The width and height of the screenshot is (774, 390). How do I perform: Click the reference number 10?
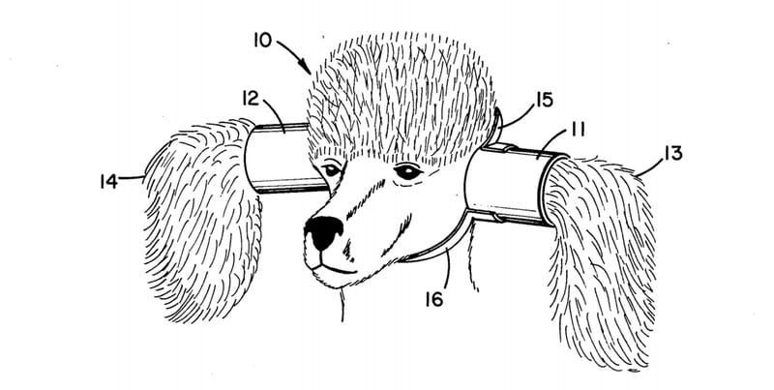pos(263,40)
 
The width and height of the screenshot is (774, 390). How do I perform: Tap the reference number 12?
pos(251,99)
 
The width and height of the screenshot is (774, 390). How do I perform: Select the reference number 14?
pos(108,181)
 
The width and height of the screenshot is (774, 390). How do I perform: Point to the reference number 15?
pos(543,100)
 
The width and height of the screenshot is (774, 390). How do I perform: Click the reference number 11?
pos(575,130)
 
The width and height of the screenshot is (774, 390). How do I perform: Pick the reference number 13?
pos(672,153)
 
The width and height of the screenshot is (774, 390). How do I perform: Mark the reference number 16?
pos(434,299)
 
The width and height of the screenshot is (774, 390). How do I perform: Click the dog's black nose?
pos(323,231)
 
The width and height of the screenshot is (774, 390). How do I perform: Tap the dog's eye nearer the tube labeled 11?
pos(407,171)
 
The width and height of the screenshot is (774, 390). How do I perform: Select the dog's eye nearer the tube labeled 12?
pos(331,169)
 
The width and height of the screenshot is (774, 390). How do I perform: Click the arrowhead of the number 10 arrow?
pos(307,69)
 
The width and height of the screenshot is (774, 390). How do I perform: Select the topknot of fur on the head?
pos(401,99)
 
